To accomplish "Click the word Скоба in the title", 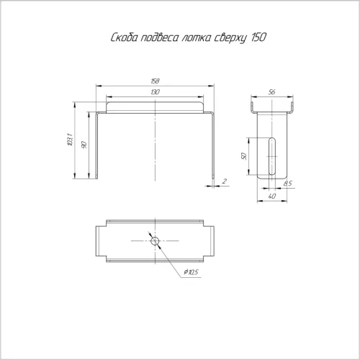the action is click(x=125, y=37).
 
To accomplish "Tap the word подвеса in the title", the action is click(x=160, y=37).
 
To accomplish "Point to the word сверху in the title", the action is click(x=230, y=38).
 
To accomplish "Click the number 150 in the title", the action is click(x=258, y=37).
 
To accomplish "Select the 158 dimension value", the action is click(x=156, y=81).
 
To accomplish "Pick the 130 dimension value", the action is click(x=156, y=92).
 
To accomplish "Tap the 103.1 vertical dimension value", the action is click(x=70, y=140).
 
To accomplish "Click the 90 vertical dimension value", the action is click(x=84, y=145).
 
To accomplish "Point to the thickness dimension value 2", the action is click(x=225, y=181).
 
